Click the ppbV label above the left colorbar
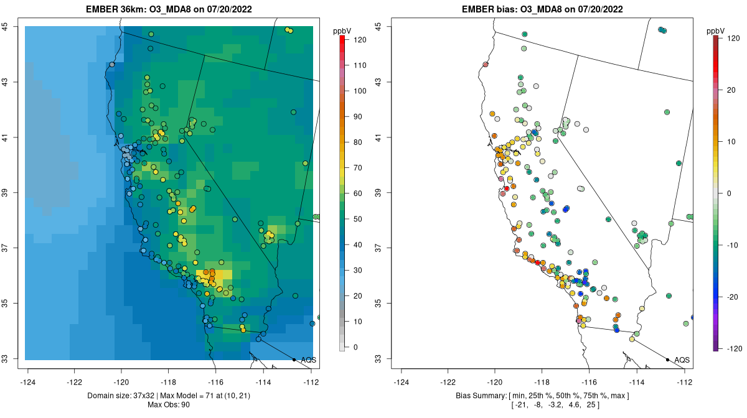pos(342,29)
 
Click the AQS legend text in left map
pos(308,360)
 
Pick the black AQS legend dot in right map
pos(667,360)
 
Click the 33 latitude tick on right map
pos(380,359)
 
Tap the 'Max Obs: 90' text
pos(169,406)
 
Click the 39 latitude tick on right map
pos(380,193)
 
